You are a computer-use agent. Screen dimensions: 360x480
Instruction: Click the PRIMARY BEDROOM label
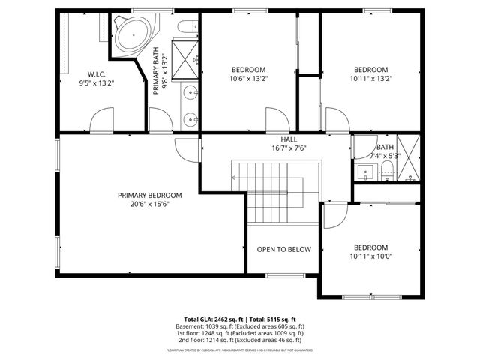coord(149,195)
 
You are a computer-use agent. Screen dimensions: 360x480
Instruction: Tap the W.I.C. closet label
coord(96,73)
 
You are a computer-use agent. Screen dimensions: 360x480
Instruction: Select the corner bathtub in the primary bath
coord(133,34)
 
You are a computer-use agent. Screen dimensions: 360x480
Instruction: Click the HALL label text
coord(289,139)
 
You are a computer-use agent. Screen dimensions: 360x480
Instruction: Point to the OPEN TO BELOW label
coord(283,250)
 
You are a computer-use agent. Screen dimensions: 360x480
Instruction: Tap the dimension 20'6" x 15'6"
coord(149,204)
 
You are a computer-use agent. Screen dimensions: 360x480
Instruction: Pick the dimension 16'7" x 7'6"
coord(289,148)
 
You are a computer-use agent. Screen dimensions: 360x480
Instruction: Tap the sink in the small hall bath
coord(366,172)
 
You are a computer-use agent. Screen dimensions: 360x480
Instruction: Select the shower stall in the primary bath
coord(185,52)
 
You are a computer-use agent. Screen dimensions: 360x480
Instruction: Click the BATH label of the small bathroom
coord(385,147)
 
